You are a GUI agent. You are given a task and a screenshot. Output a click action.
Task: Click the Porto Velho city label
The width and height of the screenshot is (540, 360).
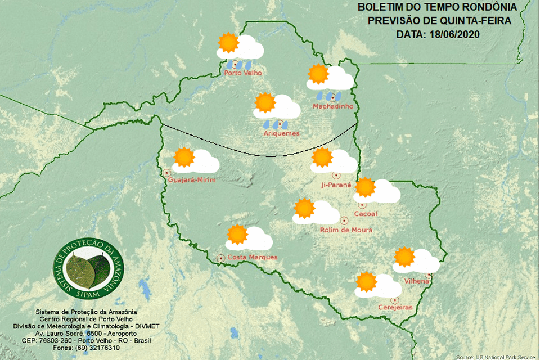click(243, 73)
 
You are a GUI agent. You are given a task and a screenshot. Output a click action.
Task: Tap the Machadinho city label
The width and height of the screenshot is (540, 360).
click(333, 106)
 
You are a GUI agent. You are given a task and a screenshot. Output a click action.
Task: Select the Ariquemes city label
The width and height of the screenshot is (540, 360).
click(281, 133)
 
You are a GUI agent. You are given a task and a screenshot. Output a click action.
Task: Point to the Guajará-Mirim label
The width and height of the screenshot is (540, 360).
click(192, 180)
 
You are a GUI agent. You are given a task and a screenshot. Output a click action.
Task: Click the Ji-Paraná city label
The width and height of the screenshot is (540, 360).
click(336, 184)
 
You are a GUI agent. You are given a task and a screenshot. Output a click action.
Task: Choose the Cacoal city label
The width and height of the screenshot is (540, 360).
click(366, 214)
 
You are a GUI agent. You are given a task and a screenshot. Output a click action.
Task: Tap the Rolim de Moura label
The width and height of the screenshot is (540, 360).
click(346, 229)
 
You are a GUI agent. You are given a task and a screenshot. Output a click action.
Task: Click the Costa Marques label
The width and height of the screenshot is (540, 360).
click(253, 257)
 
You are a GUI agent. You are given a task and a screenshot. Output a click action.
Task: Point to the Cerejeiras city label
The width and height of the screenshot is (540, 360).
click(395, 307)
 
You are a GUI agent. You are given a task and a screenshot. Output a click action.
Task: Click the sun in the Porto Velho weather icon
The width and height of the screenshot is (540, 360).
click(228, 43)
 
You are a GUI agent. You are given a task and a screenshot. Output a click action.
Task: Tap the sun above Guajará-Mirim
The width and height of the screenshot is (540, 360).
click(183, 157)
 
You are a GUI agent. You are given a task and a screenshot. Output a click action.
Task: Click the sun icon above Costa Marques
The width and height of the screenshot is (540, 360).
click(237, 234)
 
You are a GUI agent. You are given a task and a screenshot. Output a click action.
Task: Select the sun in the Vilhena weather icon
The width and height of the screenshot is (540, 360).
click(404, 256)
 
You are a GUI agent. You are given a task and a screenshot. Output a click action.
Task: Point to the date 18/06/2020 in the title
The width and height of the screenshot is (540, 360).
click(452, 34)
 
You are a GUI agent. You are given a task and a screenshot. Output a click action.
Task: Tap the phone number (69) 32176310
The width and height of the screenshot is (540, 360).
click(97, 348)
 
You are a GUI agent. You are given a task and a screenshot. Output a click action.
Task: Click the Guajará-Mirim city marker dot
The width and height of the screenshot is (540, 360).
click(166, 172)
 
